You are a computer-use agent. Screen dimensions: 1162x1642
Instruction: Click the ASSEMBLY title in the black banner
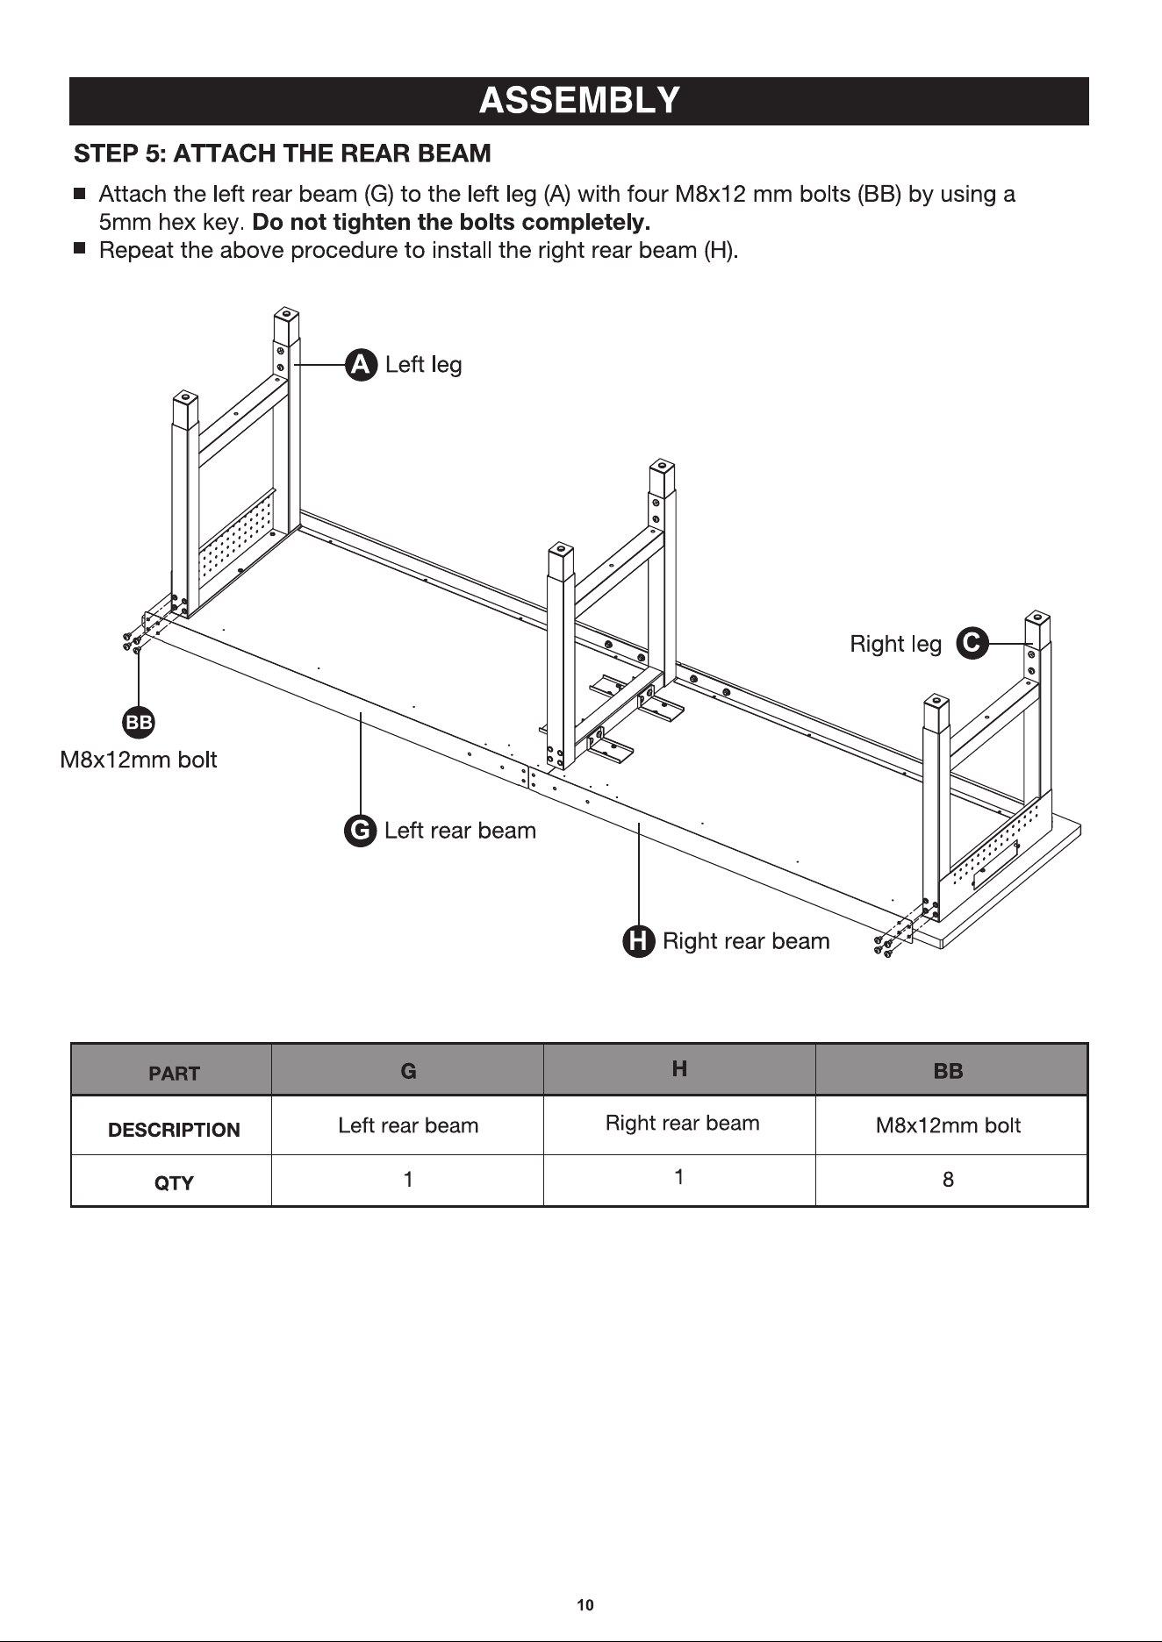pos(579,101)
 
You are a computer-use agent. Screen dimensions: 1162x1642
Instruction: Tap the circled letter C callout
pos(971,643)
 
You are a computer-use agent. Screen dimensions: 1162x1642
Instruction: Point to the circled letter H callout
pos(639,941)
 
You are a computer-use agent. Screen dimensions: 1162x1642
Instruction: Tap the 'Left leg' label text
pos(423,365)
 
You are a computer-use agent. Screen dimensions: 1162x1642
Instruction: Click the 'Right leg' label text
pos(895,644)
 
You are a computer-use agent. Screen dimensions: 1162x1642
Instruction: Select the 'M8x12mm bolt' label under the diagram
pos(139,760)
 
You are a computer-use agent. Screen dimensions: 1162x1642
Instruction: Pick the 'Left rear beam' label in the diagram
pos(460,831)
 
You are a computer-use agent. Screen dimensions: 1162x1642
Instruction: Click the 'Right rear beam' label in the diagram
pos(746,941)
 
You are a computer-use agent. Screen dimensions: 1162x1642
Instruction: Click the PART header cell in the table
pos(174,1074)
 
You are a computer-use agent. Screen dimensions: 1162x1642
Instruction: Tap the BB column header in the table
pos(948,1071)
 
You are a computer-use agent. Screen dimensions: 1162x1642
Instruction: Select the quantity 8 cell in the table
pos(948,1180)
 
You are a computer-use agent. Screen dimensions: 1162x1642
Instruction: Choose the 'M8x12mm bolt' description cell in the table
pos(948,1125)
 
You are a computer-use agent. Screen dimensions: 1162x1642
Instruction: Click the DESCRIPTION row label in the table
pos(174,1130)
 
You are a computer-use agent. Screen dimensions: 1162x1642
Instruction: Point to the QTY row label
pos(174,1183)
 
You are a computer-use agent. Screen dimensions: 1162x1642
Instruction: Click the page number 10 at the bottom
pos(585,1605)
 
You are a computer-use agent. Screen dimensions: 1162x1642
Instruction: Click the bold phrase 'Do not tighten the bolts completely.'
pos(451,221)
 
